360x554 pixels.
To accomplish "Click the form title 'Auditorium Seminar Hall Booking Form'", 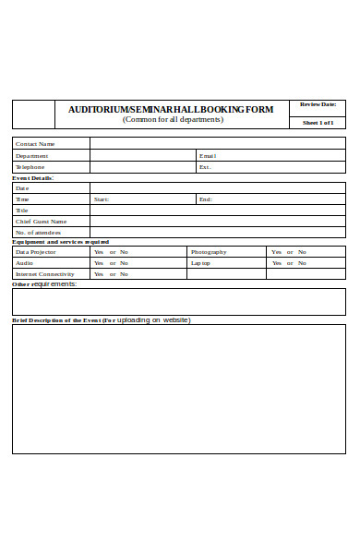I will (x=171, y=109).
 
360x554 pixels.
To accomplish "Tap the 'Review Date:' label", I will (x=317, y=104).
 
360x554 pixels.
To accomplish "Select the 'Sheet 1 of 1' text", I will (x=318, y=122).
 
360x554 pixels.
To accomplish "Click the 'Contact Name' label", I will (x=35, y=144).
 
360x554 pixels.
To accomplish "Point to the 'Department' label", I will (x=32, y=156).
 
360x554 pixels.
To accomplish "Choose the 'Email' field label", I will (x=208, y=156).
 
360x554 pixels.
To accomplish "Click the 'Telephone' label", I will (x=30, y=167).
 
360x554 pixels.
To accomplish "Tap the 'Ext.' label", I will (x=205, y=167).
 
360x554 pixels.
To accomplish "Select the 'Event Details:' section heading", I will (x=32, y=177).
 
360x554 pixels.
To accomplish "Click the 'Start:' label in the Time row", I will (x=102, y=199).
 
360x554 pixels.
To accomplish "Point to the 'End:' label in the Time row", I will (x=205, y=199).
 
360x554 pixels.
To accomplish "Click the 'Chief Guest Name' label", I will (x=41, y=222).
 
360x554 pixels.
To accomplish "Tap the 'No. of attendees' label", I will (x=38, y=233).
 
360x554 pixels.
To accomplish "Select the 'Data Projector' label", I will (x=36, y=252).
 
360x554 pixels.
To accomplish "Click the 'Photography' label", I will (x=209, y=252).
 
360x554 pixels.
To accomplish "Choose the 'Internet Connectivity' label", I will (x=44, y=274).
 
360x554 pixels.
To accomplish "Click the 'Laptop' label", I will (x=201, y=263).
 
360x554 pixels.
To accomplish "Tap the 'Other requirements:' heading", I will (x=44, y=284).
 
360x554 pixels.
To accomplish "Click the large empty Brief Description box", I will (x=178, y=389).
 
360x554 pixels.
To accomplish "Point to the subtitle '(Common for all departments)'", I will (x=173, y=120).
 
